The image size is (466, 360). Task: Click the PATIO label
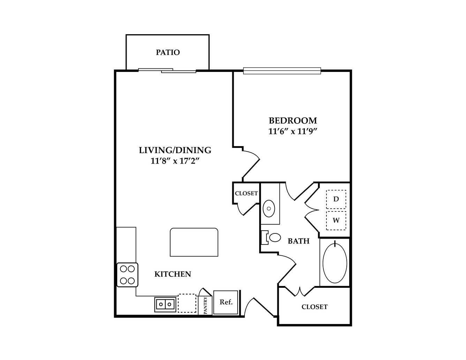tap(168, 52)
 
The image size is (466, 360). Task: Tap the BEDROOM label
tap(293, 121)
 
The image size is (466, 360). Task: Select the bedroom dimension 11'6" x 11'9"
tap(293, 132)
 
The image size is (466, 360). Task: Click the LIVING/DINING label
tap(175, 150)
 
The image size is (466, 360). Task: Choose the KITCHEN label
tap(173, 274)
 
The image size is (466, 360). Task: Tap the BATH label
tap(299, 241)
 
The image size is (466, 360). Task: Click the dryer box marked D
tap(336, 199)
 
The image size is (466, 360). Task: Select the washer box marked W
tap(336, 220)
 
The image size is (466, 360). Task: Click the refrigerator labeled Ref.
tap(226, 302)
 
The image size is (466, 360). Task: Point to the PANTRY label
tap(205, 305)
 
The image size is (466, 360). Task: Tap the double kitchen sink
tap(165, 304)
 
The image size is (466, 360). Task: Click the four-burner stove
tap(127, 275)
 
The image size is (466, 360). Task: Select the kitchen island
tap(194, 242)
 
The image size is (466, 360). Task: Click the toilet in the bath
tap(271, 238)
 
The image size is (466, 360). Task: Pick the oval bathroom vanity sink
tap(269, 208)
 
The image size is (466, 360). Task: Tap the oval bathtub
tap(335, 263)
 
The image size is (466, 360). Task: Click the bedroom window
tap(282, 71)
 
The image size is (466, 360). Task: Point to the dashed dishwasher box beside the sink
tap(187, 303)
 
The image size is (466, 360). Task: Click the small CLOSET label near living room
tap(246, 193)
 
